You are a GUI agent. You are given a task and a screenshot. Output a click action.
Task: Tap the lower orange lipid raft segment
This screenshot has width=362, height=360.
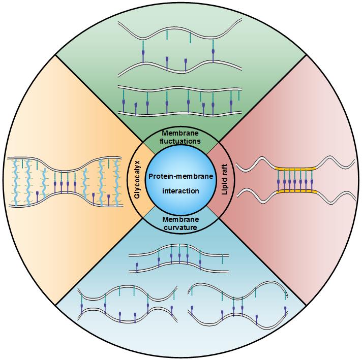pyautogui.click(x=296, y=191)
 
